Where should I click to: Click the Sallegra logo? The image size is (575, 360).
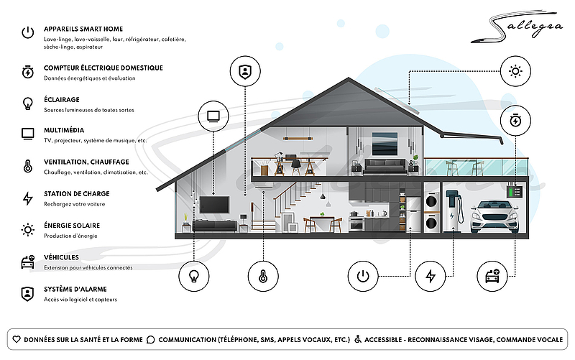[x=517, y=27]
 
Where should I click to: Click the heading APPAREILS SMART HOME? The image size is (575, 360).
[x=83, y=29]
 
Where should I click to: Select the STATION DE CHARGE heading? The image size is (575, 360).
[x=77, y=193]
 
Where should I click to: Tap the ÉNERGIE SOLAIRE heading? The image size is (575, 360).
[x=72, y=226]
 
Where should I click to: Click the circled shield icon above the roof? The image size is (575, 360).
[x=245, y=71]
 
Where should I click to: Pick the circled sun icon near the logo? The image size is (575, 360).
[x=515, y=71]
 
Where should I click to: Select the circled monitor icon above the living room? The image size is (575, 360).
[x=213, y=116]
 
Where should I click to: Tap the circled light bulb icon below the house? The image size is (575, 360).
[x=193, y=276]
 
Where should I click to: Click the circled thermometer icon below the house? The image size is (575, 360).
[x=263, y=276]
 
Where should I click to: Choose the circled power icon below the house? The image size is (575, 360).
[x=363, y=276]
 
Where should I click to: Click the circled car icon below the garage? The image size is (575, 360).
[x=492, y=276]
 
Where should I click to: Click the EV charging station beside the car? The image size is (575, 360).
[x=454, y=211]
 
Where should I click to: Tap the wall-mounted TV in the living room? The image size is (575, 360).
[x=214, y=205]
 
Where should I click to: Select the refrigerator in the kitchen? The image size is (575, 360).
[x=413, y=214]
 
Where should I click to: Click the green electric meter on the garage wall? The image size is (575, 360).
[x=514, y=191]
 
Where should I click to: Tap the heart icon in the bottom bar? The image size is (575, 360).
[x=17, y=339]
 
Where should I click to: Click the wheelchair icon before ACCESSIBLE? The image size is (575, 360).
[x=357, y=339]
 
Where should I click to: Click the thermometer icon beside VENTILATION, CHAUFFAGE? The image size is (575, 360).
[x=28, y=166]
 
